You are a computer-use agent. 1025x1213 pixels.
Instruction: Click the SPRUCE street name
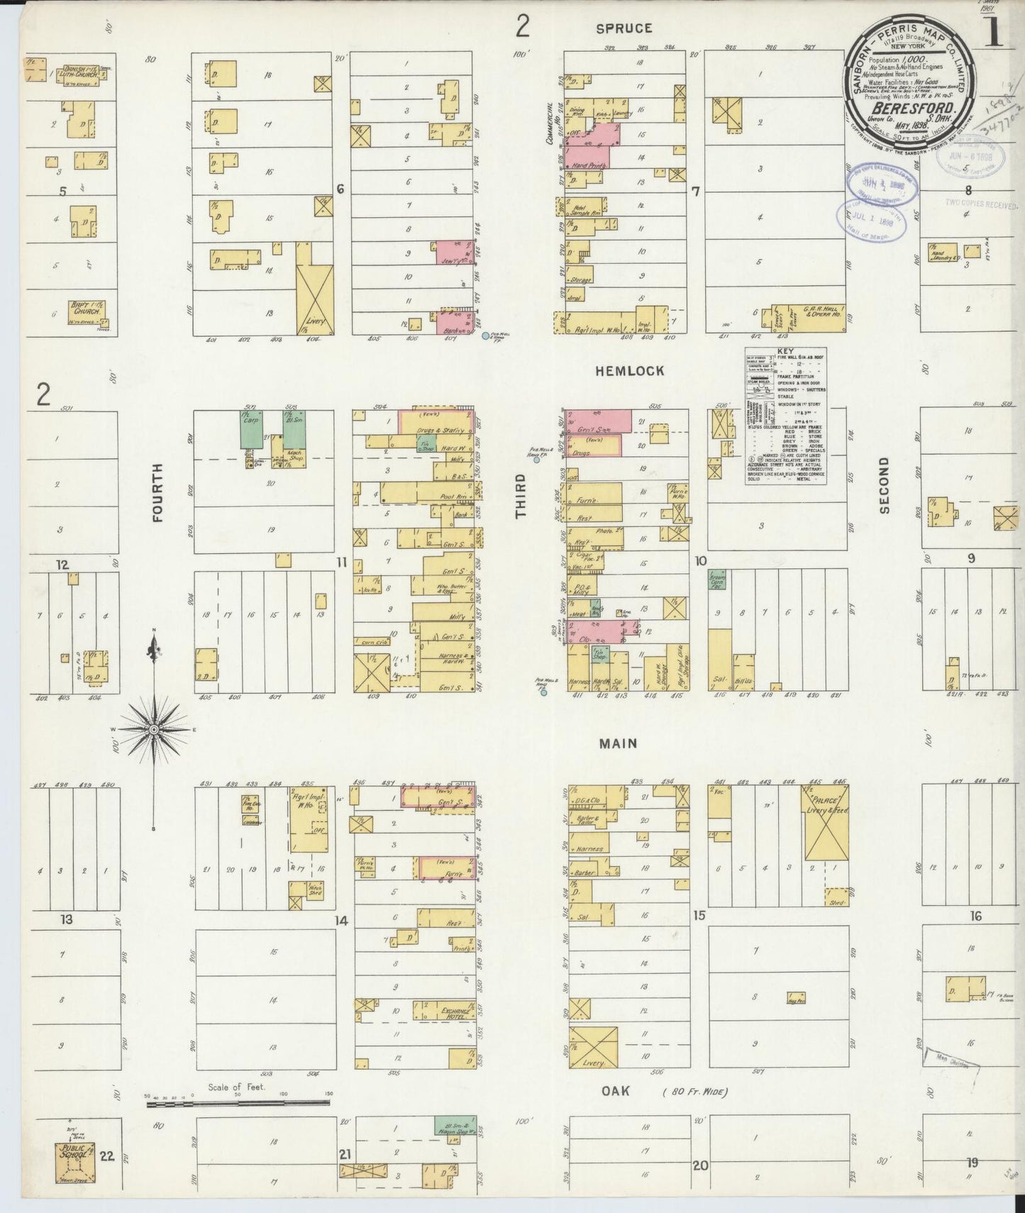click(624, 28)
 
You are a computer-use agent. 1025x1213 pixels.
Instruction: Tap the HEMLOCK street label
click(630, 370)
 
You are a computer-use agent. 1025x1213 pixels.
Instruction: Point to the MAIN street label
click(617, 743)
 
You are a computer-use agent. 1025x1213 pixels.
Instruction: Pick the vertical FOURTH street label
click(157, 492)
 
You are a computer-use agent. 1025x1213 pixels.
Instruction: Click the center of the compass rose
click(153, 729)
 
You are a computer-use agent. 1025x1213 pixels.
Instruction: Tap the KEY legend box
click(786, 416)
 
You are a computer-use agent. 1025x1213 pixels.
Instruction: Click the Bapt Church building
click(84, 309)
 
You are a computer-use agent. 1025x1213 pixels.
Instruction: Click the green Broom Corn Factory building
click(718, 580)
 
